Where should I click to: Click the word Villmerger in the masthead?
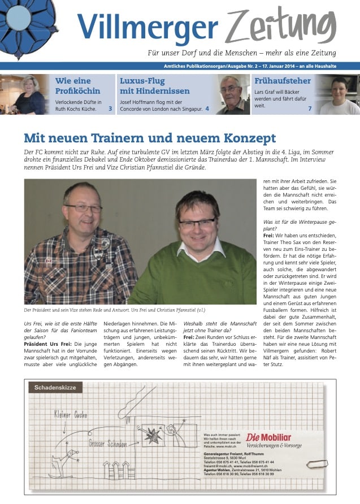147,27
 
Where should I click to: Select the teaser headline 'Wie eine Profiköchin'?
77,85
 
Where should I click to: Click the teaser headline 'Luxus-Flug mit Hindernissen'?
154,85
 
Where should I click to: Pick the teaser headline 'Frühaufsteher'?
282,81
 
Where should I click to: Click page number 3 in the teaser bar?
110,108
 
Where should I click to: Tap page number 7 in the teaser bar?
310,108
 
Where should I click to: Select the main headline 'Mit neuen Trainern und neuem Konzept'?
150,138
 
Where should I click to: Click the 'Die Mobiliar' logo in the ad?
268,437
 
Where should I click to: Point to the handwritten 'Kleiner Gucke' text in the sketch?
71,415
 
